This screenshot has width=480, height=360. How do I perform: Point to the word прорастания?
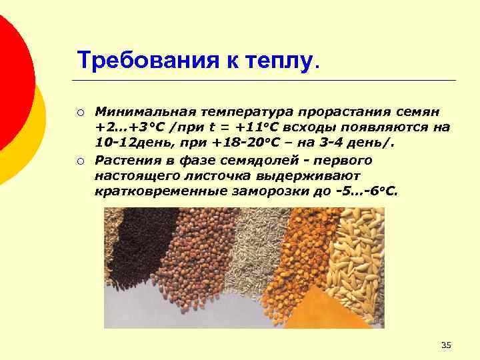[x=337, y=109]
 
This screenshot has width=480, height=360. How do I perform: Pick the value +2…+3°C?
[x=125, y=127]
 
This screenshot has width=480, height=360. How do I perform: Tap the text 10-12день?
[x=125, y=143]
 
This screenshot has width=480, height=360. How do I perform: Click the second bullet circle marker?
[x=79, y=161]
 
